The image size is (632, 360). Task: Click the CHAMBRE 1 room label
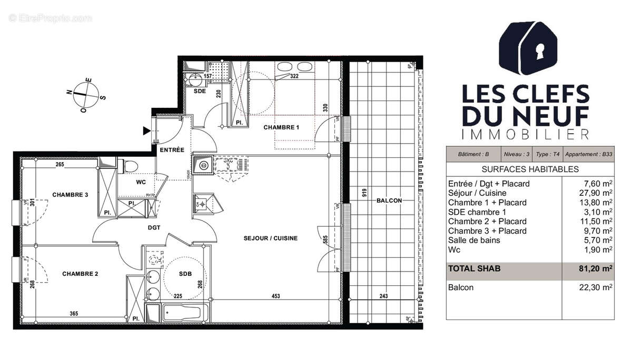[x=281, y=127]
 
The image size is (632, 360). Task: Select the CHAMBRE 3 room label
[x=70, y=195]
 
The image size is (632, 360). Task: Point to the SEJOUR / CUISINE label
[x=270, y=238]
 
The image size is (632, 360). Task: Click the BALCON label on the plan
[x=389, y=201]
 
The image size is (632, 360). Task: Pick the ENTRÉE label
[x=172, y=150]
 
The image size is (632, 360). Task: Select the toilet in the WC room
[x=130, y=167]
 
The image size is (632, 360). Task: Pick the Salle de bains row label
[x=474, y=240]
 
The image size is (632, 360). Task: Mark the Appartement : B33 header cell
[x=588, y=155]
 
